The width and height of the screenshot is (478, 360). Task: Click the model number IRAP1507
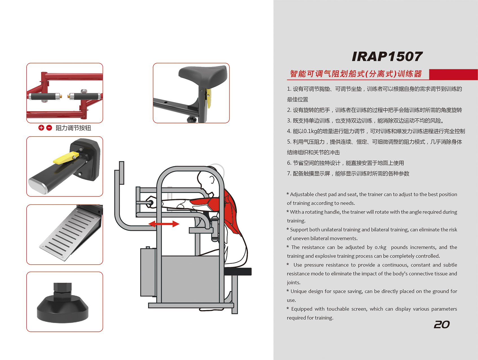point(387,56)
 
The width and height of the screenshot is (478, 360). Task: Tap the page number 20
point(442,324)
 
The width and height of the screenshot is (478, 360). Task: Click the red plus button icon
point(41,128)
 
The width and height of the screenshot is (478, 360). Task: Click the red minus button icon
point(49,128)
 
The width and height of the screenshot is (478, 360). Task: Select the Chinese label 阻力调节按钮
point(73,128)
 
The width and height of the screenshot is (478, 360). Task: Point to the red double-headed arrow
point(164,224)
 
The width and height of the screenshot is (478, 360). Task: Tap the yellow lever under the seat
point(209,98)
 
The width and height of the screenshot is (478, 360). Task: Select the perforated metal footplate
point(70,233)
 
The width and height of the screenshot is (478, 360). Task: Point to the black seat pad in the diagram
point(238,271)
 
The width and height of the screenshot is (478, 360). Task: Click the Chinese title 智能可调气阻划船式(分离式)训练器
point(356,74)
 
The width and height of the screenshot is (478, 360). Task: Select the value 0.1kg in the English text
point(380,247)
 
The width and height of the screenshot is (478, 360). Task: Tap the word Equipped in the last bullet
point(302,309)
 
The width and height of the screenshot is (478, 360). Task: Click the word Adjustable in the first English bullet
point(302,194)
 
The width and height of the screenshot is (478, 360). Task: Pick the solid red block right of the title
point(453,74)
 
